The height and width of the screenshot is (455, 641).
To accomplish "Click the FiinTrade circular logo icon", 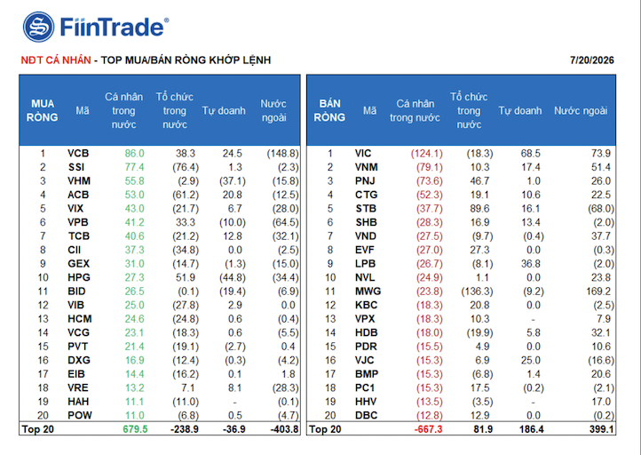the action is point(38,27).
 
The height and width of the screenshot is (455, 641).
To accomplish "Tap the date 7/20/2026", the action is point(592,60).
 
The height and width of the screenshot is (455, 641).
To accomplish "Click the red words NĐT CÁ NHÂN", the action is point(56,60).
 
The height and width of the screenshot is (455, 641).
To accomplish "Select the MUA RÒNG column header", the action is point(42,110).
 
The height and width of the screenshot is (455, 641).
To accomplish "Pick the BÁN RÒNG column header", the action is point(329,110).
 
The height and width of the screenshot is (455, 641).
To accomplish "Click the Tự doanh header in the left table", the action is point(224,110).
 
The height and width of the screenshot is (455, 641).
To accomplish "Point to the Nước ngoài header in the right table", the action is point(581,110).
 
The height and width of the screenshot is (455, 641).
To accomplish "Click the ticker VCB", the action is point(78,154).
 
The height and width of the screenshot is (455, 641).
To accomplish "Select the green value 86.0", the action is point(134,154).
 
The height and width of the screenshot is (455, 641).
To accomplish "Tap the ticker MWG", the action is point(368,291).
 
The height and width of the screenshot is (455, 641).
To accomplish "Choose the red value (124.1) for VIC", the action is point(427,154).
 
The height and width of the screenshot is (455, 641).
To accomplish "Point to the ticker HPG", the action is point(79,277).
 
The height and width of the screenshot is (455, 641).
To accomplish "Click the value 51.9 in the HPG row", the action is point(186,277).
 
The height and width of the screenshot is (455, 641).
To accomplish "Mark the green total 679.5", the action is point(135,429).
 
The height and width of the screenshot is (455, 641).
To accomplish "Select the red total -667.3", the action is point(429,429).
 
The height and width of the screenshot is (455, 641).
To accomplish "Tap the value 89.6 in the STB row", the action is point(479,209).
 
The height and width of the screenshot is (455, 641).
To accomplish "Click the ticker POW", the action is point(80,415).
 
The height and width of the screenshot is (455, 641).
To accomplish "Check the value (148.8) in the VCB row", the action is point(283,154).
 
